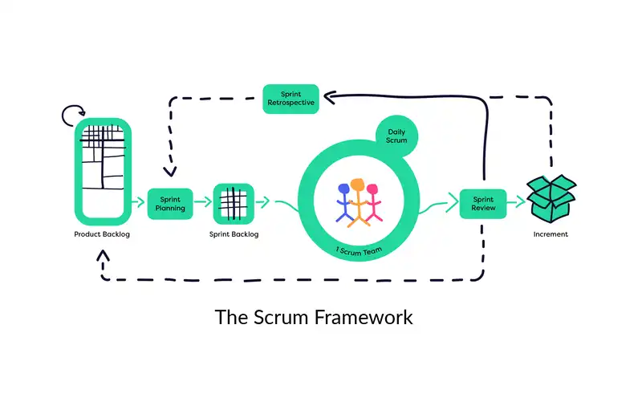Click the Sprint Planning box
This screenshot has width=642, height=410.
pyautogui.click(x=170, y=203)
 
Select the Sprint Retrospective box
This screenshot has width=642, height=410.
pyautogui.click(x=291, y=99)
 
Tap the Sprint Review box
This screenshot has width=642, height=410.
pyautogui.click(x=483, y=203)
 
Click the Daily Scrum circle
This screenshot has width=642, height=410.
pyautogui.click(x=392, y=135)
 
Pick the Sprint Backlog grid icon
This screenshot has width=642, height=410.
pyautogui.click(x=234, y=203)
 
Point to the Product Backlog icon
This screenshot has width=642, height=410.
pyautogui.click(x=102, y=170)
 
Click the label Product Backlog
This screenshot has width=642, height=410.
pyautogui.click(x=102, y=234)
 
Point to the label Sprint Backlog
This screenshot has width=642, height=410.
pyautogui.click(x=234, y=234)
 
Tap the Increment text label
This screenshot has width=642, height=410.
pyautogui.click(x=551, y=234)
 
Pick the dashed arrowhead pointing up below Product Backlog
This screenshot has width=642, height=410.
pyautogui.click(x=102, y=255)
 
